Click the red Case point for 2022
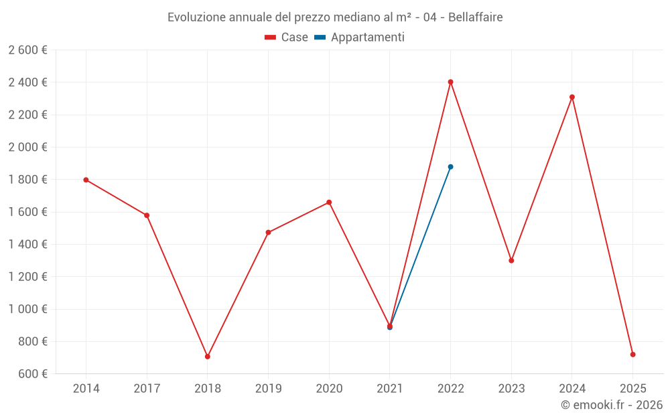[450, 82]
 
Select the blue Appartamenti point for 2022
[450, 167]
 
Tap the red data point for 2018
[208, 357]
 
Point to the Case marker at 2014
[86, 180]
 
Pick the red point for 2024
[572, 97]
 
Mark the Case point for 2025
[633, 355]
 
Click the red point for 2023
[511, 260]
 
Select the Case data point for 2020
[329, 202]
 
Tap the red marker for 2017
[147, 215]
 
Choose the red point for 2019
[269, 233]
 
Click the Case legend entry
[286, 37]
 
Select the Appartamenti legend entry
[359, 37]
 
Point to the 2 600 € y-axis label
[27, 50]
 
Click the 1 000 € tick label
[27, 309]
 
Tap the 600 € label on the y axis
[32, 373]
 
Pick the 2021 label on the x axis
[390, 388]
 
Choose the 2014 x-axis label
[86, 388]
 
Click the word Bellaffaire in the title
[475, 17]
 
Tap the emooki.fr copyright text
[612, 404]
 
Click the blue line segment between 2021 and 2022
[420, 247]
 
